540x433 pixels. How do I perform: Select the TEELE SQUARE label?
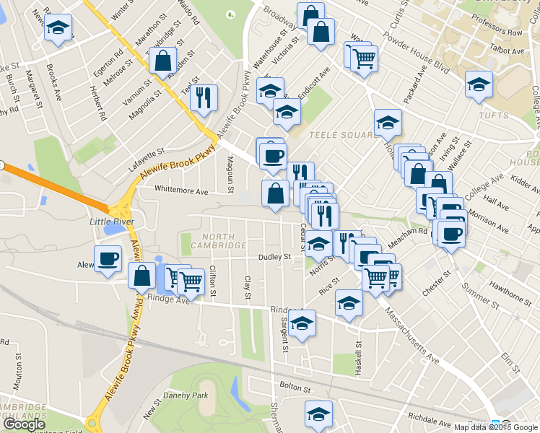(x=339, y=134)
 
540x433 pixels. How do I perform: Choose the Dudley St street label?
(x=275, y=256)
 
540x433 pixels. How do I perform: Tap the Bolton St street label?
(x=295, y=388)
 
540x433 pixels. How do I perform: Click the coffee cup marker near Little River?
(x=109, y=259)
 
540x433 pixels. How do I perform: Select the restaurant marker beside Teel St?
(x=204, y=98)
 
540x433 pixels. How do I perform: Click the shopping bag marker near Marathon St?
(x=163, y=60)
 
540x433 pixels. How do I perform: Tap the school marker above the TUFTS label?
(x=479, y=85)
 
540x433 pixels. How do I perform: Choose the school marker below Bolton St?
(x=318, y=414)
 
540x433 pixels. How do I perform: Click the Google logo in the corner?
(x=24, y=424)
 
